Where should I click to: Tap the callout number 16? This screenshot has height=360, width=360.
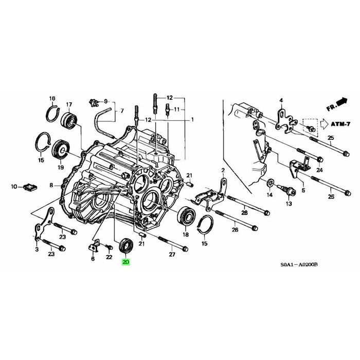(x=52, y=98)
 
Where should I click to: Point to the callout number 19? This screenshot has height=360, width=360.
(x=61, y=168)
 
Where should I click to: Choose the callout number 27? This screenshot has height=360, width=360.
(x=172, y=255)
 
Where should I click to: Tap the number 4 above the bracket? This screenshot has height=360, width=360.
(x=281, y=100)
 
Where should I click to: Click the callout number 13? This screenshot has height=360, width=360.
(x=289, y=204)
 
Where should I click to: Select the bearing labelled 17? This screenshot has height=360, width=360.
(x=68, y=121)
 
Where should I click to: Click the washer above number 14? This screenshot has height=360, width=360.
(x=271, y=182)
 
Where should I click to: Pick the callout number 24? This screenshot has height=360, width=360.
(x=319, y=170)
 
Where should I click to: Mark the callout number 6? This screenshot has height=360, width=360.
(x=93, y=259)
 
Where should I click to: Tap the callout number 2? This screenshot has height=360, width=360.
(x=223, y=170)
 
